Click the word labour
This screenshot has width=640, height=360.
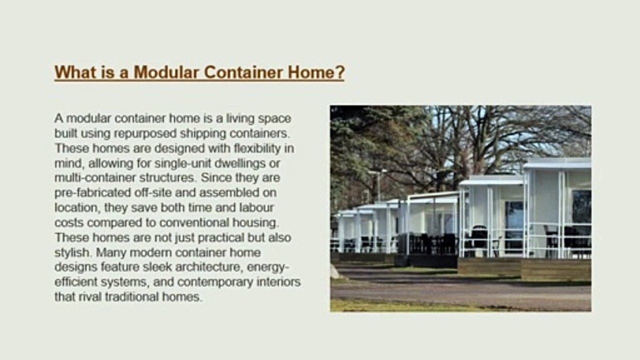coord(256,207)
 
